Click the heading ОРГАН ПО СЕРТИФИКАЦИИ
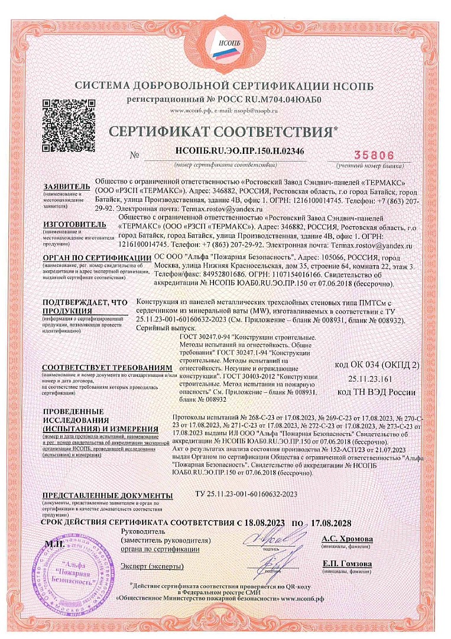coord(97,259)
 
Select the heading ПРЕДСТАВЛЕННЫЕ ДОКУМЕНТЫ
coord(107,495)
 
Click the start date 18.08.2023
coord(265,523)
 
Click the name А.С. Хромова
coord(347,539)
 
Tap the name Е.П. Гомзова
coord(347,563)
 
